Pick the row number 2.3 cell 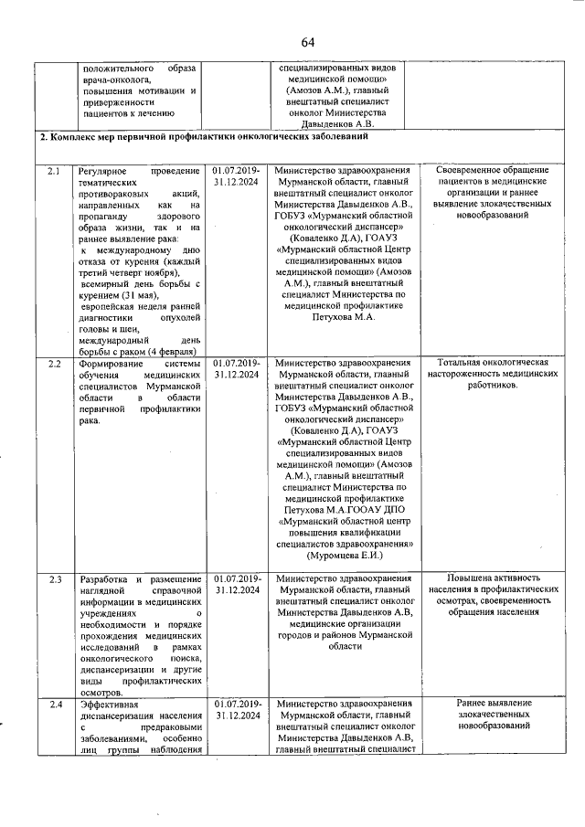point(54,580)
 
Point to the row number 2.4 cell point(54,704)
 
